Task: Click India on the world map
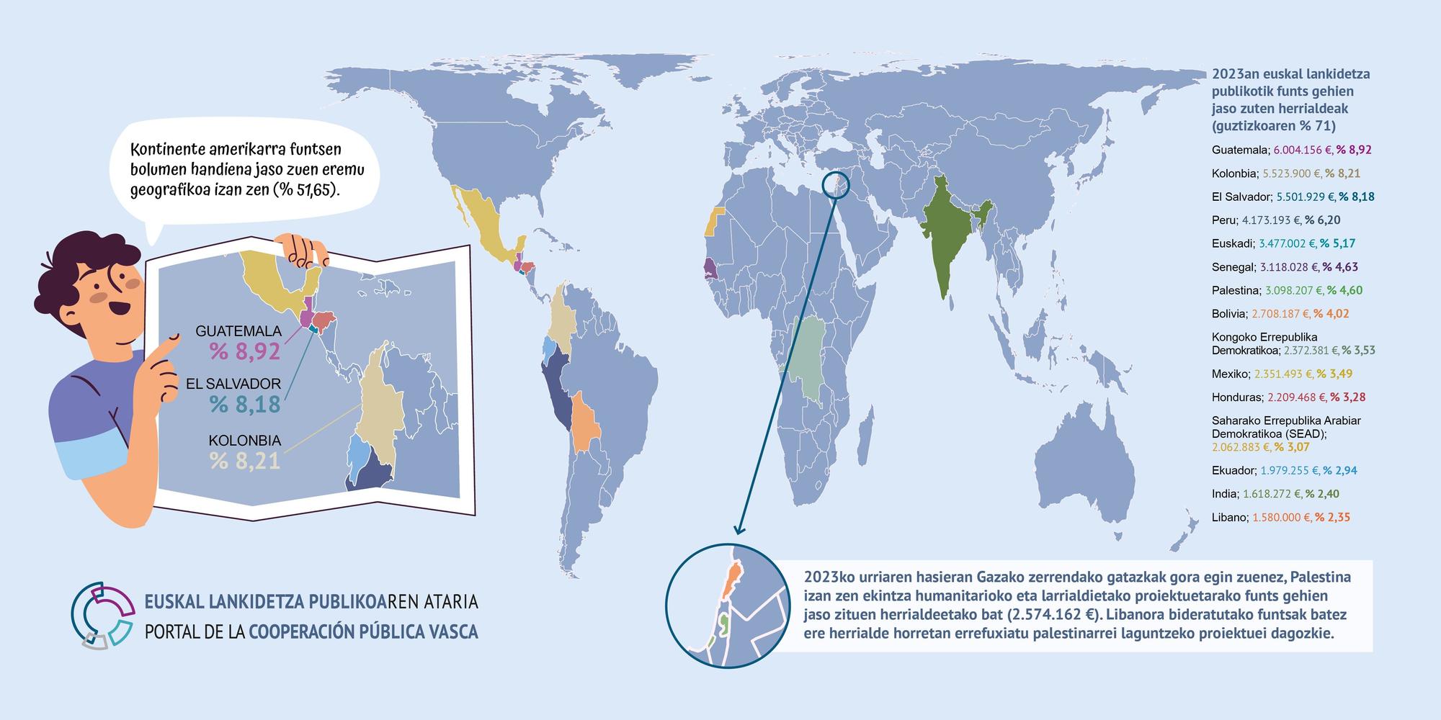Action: click(944, 238)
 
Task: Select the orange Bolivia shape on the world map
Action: click(585, 426)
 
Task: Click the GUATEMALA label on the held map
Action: click(238, 331)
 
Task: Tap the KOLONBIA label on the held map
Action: click(244, 441)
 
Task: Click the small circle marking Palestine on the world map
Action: click(836, 186)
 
